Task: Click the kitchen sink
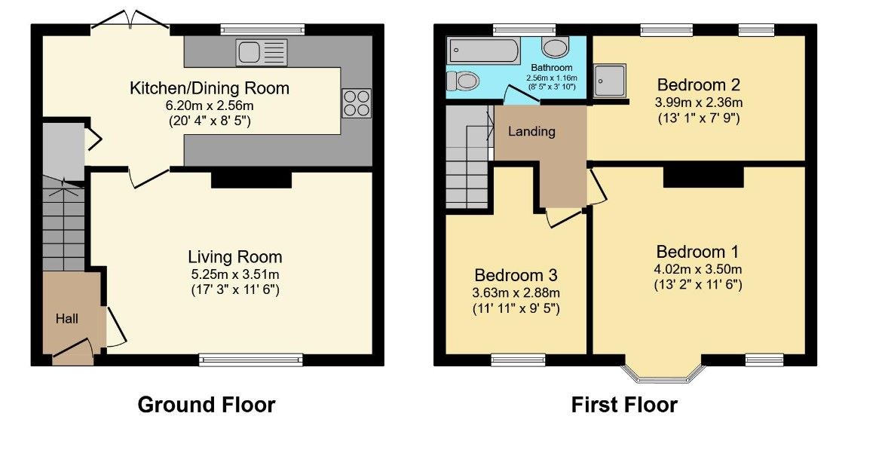tap(262, 53)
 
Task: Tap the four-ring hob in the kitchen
tap(357, 103)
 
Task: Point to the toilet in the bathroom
tap(464, 81)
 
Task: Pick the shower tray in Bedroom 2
tap(610, 81)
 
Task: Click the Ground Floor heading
tap(207, 405)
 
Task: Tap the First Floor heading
tap(624, 405)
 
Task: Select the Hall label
tap(67, 319)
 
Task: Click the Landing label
tap(531, 131)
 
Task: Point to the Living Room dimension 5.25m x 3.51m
tap(235, 275)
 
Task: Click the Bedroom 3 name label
tap(516, 275)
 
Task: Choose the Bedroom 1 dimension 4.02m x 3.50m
tap(698, 269)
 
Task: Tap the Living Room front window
tap(251, 360)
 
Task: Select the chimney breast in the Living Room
tap(252, 179)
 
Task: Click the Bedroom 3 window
tap(518, 360)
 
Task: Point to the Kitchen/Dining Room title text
tap(210, 88)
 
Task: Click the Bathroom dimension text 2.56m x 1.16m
tap(551, 78)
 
